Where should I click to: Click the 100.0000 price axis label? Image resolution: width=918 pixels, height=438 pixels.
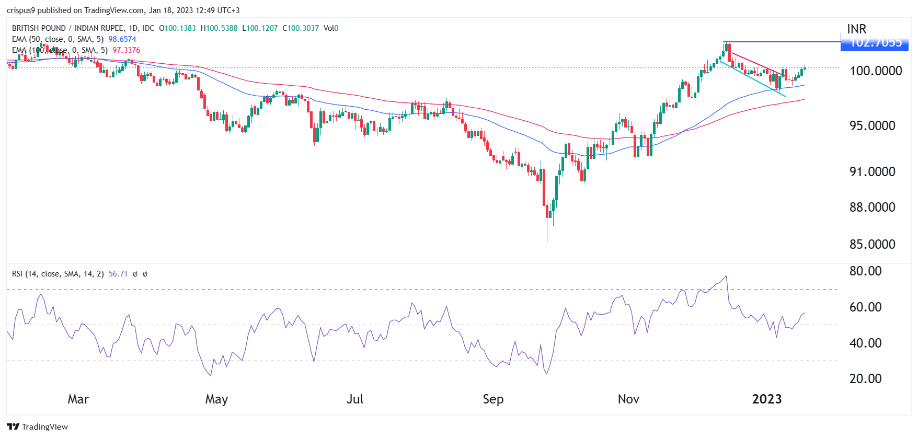[876, 71]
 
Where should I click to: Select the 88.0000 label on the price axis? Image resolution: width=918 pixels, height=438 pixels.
[872, 207]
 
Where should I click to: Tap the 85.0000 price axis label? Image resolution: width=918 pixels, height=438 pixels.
[872, 244]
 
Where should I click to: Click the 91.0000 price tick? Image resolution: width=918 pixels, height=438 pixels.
[872, 171]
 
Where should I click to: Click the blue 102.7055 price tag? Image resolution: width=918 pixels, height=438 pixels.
[874, 43]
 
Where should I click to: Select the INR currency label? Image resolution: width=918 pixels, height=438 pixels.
[856, 29]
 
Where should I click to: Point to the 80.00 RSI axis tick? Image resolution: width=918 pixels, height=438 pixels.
[865, 271]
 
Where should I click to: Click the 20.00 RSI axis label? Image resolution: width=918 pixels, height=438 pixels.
[865, 378]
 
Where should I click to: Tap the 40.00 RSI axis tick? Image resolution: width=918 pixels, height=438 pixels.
[865, 343]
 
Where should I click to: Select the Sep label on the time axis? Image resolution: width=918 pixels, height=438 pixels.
[493, 399]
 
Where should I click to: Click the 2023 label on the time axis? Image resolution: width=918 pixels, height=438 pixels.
[766, 399]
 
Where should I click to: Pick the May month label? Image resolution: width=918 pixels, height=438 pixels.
[216, 399]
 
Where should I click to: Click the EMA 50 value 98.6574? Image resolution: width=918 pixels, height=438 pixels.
[122, 39]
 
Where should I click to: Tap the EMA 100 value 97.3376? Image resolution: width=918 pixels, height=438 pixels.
[126, 50]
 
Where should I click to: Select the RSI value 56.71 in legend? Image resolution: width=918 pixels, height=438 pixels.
[118, 274]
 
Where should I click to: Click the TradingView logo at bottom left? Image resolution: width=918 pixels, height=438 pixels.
[38, 427]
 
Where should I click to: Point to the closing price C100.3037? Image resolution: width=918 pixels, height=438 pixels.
[301, 28]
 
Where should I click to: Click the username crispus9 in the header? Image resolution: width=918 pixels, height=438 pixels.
[20, 10]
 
